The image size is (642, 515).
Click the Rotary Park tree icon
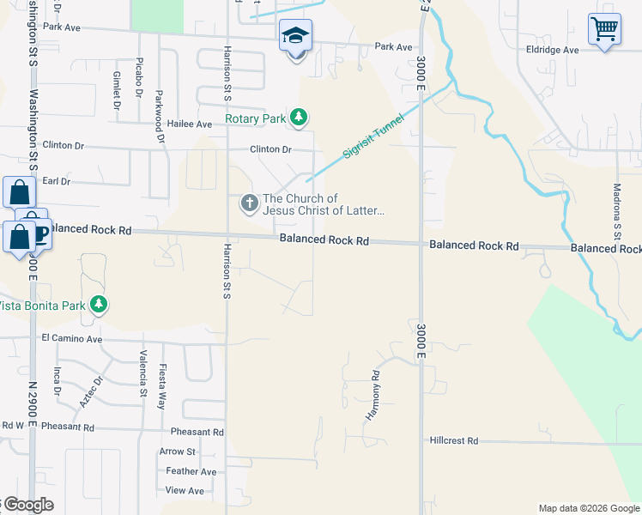click(298, 118)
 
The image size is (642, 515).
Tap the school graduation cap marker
click(295, 36)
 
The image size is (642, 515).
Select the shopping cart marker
click(604, 29)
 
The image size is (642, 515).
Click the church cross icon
click(249, 203)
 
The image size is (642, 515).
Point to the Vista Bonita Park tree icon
click(99, 305)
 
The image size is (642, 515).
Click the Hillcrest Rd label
click(454, 440)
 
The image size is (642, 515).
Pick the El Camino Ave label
click(72, 339)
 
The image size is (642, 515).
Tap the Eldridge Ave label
click(553, 50)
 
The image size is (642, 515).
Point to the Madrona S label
click(616, 211)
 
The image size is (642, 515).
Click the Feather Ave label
click(191, 471)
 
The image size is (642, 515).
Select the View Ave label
click(185, 491)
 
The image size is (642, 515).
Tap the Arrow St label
click(178, 451)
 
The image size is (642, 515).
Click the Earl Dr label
click(56, 181)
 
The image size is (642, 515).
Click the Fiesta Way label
click(160, 386)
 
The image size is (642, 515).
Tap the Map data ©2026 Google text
click(588, 508)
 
